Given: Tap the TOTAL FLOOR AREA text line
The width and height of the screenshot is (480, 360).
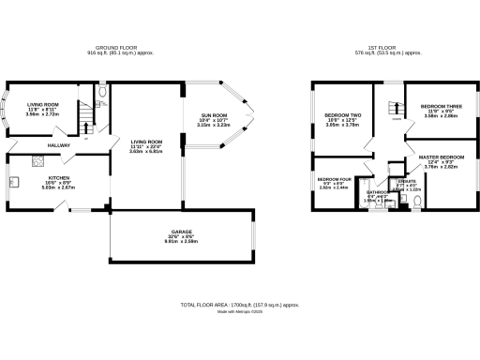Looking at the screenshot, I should tap(240, 305).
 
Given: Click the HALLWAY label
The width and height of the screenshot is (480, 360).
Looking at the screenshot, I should tap(59, 145).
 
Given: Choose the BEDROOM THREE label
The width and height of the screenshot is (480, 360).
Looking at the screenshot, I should tap(439, 108).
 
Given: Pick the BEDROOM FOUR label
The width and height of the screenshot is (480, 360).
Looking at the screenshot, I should tap(334, 180).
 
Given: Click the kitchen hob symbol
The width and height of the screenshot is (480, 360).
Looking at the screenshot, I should tap(15, 181).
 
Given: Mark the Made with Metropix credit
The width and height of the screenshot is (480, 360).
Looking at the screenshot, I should tap(240, 312).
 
